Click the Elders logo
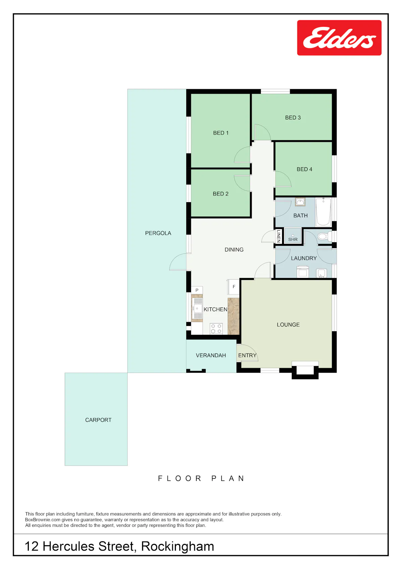click(339, 38)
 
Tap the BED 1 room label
click(220, 133)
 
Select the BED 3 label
click(292, 118)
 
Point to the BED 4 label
click(304, 169)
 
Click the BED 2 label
click(220, 194)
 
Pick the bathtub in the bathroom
click(323, 212)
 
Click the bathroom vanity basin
click(300, 202)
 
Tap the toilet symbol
click(324, 236)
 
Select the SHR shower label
click(292, 239)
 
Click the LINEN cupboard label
click(278, 236)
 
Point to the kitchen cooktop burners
click(216, 328)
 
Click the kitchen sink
click(197, 308)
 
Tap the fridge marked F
click(234, 287)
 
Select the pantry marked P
click(197, 290)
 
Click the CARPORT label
click(98, 420)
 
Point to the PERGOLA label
click(158, 233)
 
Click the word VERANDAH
click(211, 355)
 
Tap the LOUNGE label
click(288, 324)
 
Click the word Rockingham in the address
click(178, 547)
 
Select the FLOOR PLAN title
click(201, 478)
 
